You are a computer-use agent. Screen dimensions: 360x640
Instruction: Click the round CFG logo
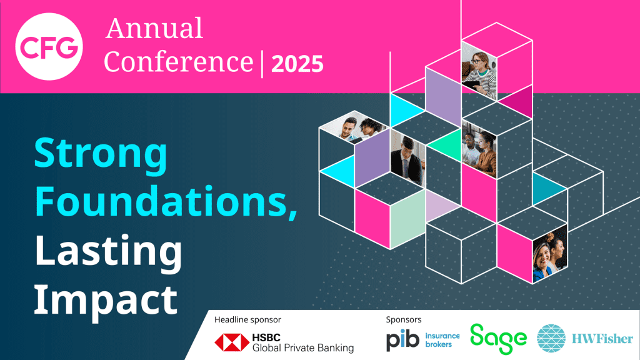50,46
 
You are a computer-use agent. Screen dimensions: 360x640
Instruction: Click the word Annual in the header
154,29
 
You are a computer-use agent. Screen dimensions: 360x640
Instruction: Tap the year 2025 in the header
297,63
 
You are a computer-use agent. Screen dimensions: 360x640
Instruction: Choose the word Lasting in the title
108,251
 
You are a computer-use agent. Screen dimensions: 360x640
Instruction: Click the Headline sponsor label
247,319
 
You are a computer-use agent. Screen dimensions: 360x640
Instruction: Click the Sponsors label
404,319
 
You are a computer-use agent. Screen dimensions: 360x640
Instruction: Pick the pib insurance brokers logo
422,340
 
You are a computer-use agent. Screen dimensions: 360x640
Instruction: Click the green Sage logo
498,339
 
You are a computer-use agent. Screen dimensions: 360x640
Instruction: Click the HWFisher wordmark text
601,340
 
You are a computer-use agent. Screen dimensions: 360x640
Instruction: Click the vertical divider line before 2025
261,63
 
